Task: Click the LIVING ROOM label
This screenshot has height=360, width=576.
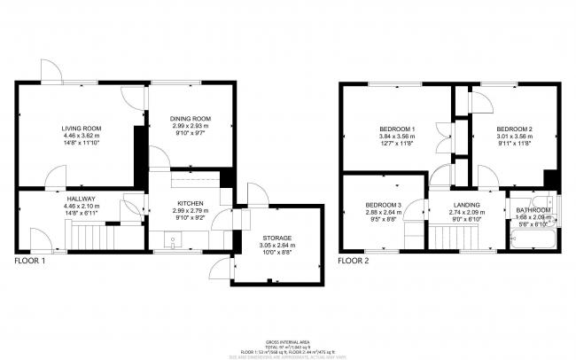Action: tap(82, 129)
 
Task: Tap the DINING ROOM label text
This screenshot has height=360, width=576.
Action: tap(190, 119)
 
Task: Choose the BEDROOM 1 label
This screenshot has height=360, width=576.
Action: tap(397, 129)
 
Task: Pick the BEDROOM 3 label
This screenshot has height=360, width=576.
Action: tap(384, 206)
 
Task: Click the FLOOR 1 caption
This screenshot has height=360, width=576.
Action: tap(30, 262)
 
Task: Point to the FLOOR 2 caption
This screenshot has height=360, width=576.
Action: tap(354, 262)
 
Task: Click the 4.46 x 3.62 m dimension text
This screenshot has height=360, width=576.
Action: tap(82, 136)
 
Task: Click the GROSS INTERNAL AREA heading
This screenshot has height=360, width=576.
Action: tap(288, 341)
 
